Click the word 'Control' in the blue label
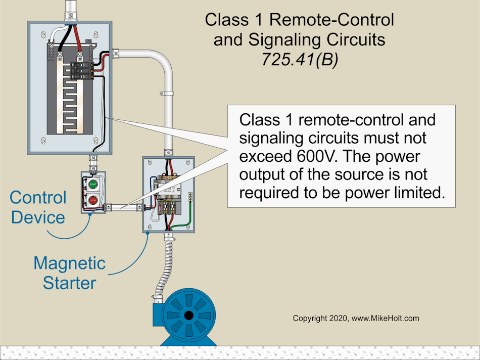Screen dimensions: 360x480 [38, 197]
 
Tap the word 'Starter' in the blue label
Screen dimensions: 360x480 [69, 283]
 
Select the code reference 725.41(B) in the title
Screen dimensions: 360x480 [299, 59]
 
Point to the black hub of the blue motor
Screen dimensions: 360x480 [189, 316]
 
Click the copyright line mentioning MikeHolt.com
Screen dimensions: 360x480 [356, 319]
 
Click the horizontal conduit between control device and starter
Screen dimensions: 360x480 [123, 207]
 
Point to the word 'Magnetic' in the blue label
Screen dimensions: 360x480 [69, 263]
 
